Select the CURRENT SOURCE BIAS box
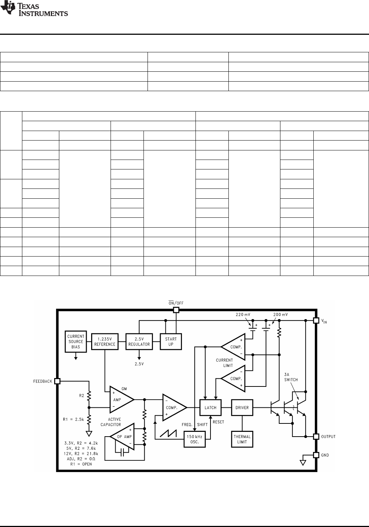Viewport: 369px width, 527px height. pyautogui.click(x=76, y=341)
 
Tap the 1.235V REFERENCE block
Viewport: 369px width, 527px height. pyautogui.click(x=105, y=341)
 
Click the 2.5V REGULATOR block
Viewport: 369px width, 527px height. pyautogui.click(x=139, y=341)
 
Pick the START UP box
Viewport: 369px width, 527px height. pyautogui.click(x=171, y=341)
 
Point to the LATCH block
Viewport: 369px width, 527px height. pyautogui.click(x=210, y=407)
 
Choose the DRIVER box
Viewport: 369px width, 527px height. pyautogui.click(x=242, y=407)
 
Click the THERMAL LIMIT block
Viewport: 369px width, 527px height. pyautogui.click(x=242, y=439)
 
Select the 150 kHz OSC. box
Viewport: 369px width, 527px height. pyautogui.click(x=194, y=439)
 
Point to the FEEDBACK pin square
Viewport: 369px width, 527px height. pyautogui.click(x=57, y=381)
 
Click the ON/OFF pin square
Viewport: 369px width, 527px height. pyautogui.click(x=176, y=310)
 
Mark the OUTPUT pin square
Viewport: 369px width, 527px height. pyautogui.click(x=316, y=436)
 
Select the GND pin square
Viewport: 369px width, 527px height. pyautogui.click(x=316, y=455)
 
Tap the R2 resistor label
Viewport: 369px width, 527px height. pyautogui.click(x=82, y=395)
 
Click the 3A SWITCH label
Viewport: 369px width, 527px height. pyautogui.click(x=291, y=377)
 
